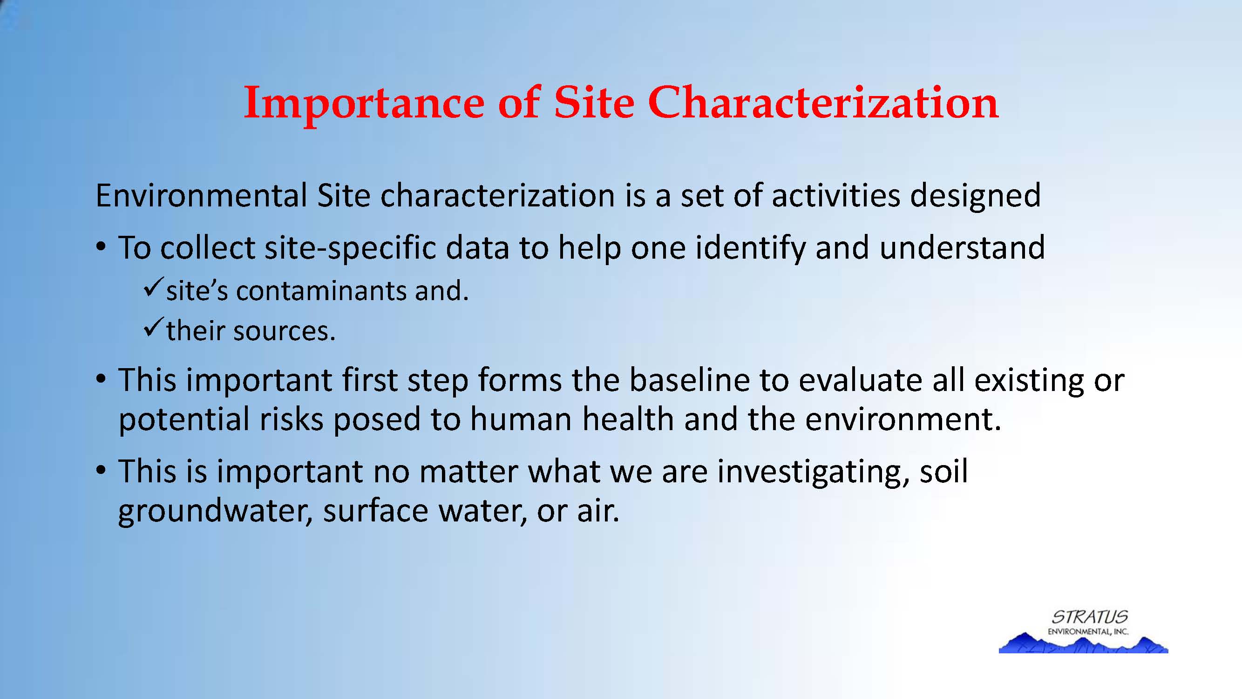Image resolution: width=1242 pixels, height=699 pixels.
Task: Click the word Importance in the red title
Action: (365, 103)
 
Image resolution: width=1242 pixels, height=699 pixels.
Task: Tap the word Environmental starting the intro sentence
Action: (201, 195)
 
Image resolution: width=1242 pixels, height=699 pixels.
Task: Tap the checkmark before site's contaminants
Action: (153, 288)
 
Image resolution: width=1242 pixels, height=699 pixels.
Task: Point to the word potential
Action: (183, 419)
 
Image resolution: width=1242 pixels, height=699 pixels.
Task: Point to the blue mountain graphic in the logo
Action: (1083, 643)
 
